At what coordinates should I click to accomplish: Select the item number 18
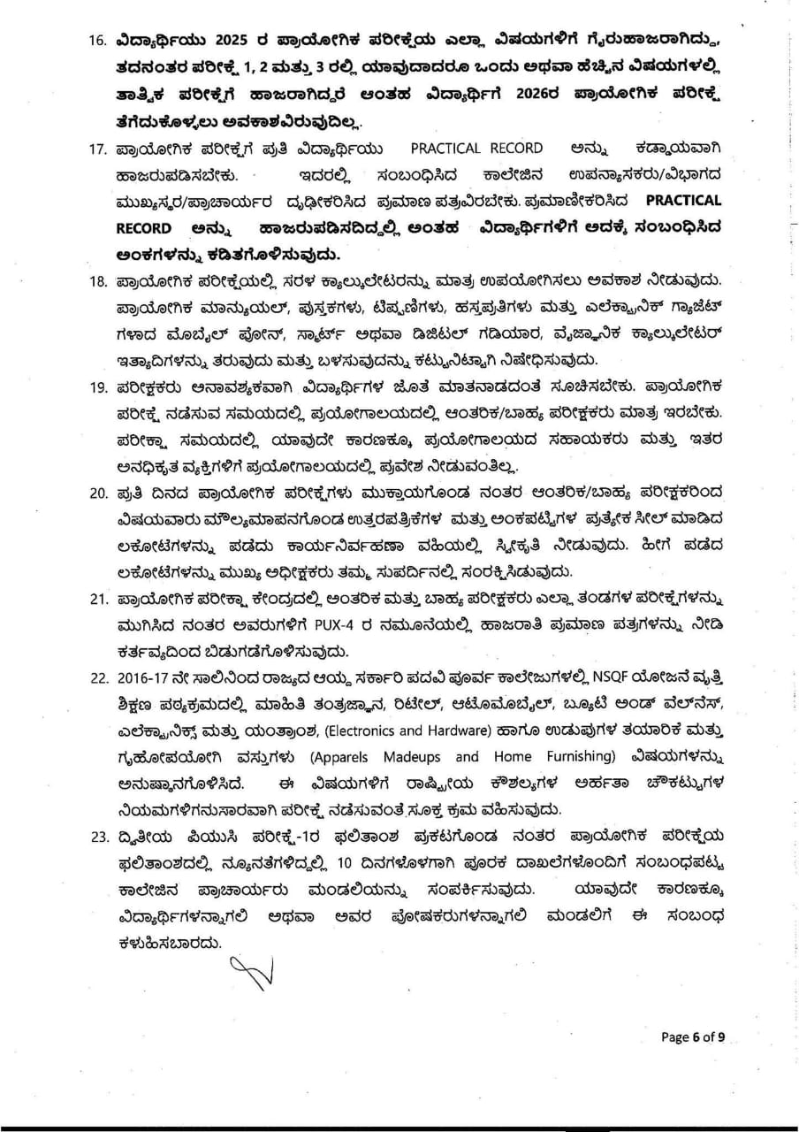(x=98, y=280)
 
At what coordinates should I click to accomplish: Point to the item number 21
(x=98, y=600)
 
